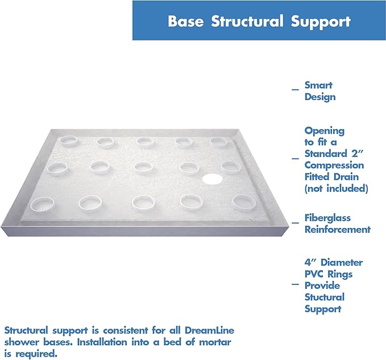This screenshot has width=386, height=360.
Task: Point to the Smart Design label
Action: coord(319,91)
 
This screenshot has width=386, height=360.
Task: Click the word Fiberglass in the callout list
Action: coord(327,218)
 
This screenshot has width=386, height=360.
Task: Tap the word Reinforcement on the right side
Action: coord(337,230)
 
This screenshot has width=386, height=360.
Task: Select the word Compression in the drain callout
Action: coord(334,165)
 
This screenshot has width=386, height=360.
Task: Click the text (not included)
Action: coord(336,188)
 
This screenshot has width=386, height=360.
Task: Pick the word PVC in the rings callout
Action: coord(315,274)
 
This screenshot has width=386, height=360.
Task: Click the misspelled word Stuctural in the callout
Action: coord(324,297)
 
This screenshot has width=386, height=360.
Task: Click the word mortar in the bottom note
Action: coord(218,342)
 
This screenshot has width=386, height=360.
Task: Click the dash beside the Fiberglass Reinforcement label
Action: coord(294,223)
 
